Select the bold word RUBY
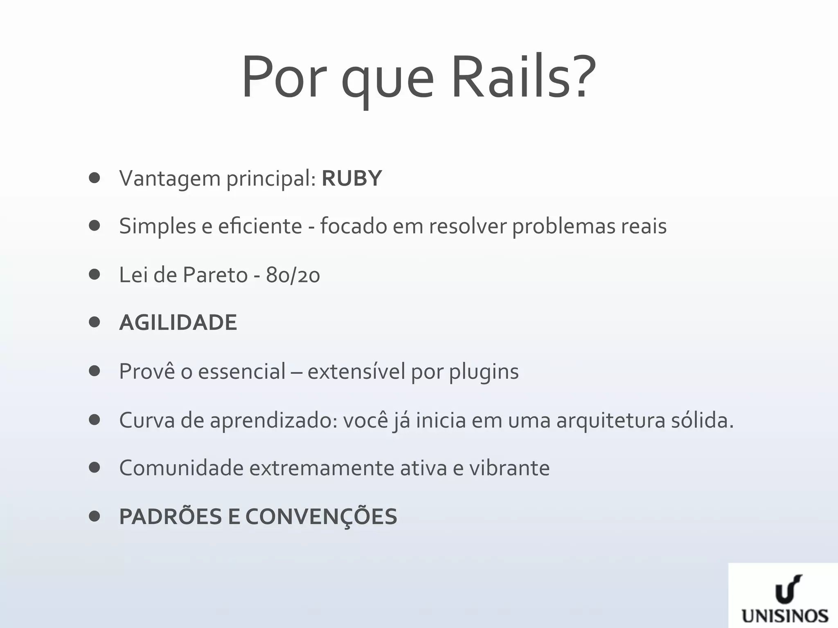click(x=351, y=178)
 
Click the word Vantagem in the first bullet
click(x=170, y=179)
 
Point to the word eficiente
click(x=260, y=226)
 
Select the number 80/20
click(x=293, y=275)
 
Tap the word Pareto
click(x=215, y=275)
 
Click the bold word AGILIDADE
click(x=178, y=323)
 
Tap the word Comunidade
click(x=181, y=468)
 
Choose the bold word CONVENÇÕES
click(x=321, y=517)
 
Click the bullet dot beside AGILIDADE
click(x=94, y=323)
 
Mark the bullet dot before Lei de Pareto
click(x=94, y=274)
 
